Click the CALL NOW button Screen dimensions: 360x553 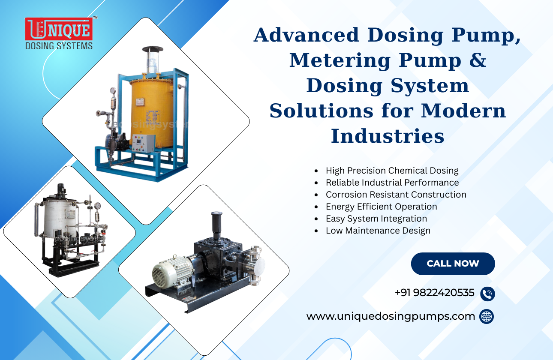click(x=453, y=264)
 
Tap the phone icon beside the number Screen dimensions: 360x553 click(x=487, y=294)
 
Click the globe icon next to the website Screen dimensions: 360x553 click(x=487, y=317)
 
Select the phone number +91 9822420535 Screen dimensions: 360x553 click(x=434, y=293)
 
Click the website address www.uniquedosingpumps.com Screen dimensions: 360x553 click(x=391, y=316)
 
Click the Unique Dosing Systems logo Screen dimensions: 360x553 click(x=58, y=33)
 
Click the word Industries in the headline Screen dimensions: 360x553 click(x=388, y=136)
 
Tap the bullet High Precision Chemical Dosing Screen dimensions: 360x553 click(x=392, y=171)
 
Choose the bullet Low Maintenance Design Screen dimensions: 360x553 click(x=378, y=231)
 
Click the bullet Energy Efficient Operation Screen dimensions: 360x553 click(x=381, y=207)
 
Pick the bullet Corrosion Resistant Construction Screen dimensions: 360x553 click(x=396, y=195)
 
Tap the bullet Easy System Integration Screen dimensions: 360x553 click(x=376, y=219)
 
